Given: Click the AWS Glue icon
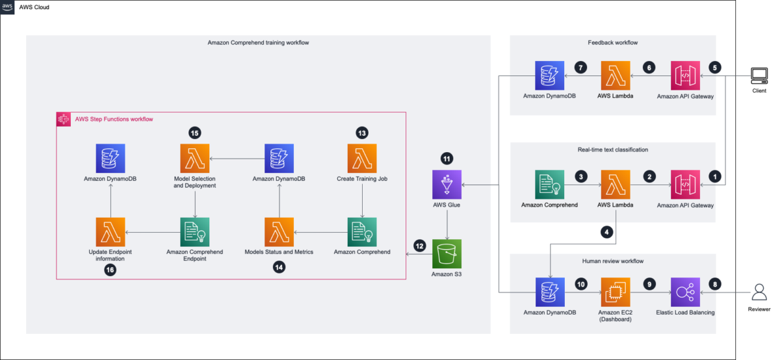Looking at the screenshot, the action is (447, 185).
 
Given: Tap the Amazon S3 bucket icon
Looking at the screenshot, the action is (447, 254).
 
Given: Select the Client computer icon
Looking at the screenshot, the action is (759, 76).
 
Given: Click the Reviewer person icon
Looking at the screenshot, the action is (759, 292).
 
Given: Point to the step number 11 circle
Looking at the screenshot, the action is (447, 159).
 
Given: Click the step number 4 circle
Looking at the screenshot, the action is (606, 232).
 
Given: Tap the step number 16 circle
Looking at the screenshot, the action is (110, 270).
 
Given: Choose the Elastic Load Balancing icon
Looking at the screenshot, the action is (685, 292).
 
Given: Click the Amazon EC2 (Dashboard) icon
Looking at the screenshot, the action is (616, 292).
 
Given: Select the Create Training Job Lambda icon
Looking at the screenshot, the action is (362, 159).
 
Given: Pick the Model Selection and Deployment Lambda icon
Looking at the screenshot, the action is (194, 159).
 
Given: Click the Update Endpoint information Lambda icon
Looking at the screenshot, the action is (110, 232).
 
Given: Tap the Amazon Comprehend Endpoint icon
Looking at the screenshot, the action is (194, 232).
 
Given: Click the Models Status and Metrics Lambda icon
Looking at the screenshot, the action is (279, 232).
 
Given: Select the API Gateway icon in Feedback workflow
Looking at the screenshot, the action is (685, 75).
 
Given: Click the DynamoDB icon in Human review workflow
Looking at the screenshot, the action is (550, 292).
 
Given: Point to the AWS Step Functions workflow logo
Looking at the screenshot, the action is (64, 120).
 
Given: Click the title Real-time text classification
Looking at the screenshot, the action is (613, 149).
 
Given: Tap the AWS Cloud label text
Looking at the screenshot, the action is (34, 7).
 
